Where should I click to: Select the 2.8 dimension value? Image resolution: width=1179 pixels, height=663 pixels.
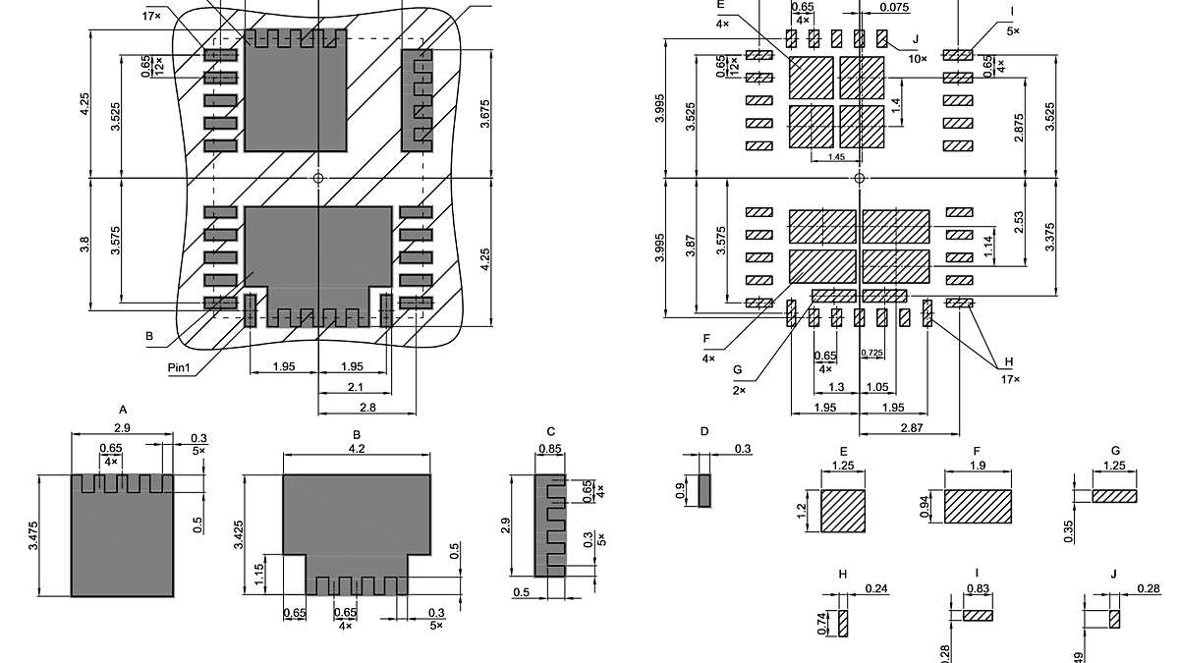tap(367, 407)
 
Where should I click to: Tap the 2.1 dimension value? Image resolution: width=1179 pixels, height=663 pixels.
tap(354, 387)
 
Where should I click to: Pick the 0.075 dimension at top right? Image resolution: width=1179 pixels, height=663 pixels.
tap(893, 8)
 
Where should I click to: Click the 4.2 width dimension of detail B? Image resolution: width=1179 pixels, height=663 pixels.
tap(357, 448)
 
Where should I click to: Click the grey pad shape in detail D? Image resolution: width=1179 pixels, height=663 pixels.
tap(703, 490)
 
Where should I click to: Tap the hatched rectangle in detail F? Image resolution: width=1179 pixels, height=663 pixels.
tap(978, 506)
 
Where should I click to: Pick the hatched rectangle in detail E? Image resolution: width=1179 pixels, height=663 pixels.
tap(843, 511)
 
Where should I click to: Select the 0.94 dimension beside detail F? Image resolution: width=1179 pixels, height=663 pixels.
tap(926, 506)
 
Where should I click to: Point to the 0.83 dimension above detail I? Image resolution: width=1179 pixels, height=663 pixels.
tap(978, 587)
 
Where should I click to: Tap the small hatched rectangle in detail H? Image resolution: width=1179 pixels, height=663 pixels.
tap(842, 623)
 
